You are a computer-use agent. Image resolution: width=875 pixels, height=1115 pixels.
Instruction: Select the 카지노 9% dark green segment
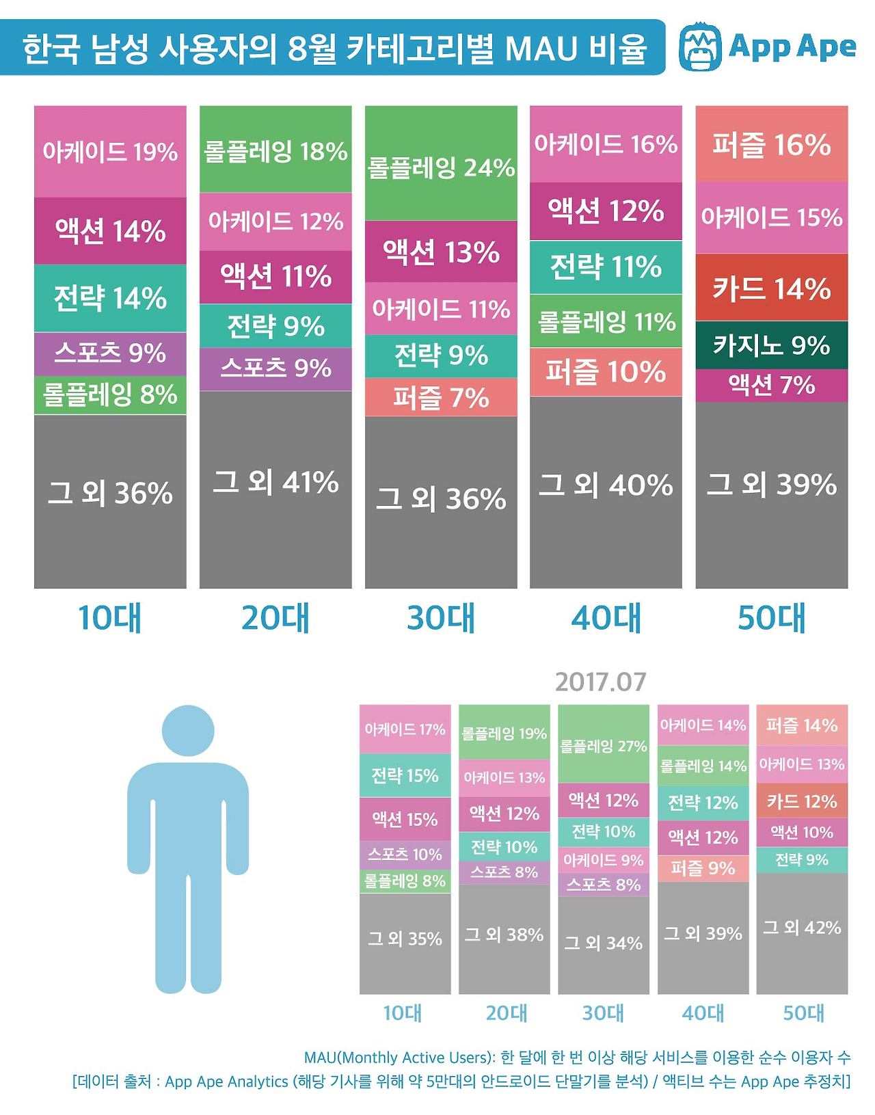click(x=772, y=345)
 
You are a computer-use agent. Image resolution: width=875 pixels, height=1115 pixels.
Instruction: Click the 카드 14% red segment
click(x=772, y=288)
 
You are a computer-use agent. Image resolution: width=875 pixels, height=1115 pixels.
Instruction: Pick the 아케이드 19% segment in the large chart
click(x=110, y=152)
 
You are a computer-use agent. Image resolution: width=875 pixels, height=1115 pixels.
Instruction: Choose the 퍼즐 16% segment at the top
click(x=772, y=144)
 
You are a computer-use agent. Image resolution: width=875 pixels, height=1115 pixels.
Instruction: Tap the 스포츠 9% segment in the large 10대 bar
click(x=110, y=353)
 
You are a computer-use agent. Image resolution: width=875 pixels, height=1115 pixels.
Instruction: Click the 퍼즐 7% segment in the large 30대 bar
click(x=441, y=397)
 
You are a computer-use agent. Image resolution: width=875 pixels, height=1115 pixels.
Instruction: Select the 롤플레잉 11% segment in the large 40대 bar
click(x=606, y=321)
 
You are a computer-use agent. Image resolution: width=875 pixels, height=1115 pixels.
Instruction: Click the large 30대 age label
click(x=441, y=617)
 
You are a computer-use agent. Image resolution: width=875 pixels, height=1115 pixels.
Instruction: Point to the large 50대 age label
click(x=772, y=617)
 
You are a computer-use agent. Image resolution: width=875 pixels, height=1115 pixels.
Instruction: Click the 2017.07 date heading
click(x=600, y=682)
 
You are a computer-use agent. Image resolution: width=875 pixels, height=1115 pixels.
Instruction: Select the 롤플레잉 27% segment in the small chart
click(x=604, y=745)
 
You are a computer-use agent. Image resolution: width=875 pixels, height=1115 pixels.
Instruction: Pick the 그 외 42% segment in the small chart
click(x=802, y=928)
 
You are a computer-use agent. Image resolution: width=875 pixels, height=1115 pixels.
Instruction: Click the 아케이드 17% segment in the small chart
click(x=405, y=729)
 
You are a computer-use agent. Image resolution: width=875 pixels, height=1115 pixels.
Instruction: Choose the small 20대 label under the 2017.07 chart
click(x=506, y=1012)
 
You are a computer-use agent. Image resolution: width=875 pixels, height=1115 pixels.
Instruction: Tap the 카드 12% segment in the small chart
click(x=802, y=801)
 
